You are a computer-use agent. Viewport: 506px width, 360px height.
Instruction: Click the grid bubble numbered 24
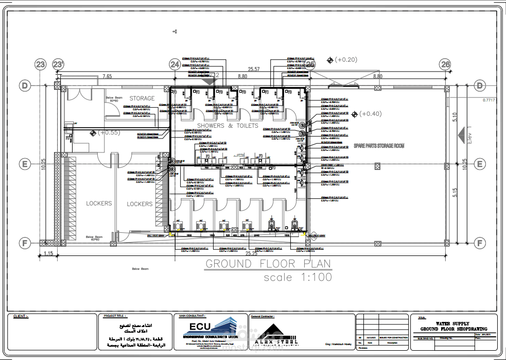175,64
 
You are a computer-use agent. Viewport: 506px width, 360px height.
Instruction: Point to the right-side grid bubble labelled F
480,243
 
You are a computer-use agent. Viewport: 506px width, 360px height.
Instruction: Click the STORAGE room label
142,98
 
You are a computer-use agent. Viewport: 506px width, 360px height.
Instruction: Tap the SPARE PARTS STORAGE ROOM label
378,146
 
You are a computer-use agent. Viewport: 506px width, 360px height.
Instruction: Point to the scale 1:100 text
298,278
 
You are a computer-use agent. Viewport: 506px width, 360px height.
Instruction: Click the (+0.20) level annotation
345,60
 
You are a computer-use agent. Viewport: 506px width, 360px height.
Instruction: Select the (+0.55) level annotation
109,132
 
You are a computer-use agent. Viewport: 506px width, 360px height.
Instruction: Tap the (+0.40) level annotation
370,114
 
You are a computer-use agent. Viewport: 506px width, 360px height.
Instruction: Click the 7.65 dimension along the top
107,76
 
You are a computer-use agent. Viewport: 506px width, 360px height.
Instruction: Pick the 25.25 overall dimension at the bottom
251,253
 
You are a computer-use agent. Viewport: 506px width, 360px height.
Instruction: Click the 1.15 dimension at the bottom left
49,253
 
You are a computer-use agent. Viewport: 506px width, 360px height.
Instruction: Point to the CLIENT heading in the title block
21,316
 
